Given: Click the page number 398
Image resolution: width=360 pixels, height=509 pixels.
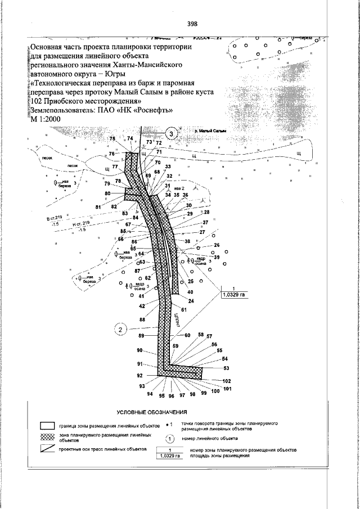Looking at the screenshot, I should (192, 24).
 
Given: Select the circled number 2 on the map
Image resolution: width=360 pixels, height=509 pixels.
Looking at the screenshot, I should (120, 330).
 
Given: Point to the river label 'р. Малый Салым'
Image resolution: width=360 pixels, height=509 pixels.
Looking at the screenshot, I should (209, 130).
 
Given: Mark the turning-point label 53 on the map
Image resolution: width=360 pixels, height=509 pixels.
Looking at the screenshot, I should (227, 368).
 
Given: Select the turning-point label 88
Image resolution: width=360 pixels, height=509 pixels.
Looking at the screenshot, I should (142, 319).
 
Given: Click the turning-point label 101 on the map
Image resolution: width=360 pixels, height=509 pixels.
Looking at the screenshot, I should (227, 389).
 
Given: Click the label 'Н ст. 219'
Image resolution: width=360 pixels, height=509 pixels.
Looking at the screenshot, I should (82, 223).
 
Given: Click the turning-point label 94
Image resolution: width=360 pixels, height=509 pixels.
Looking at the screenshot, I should (150, 394).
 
